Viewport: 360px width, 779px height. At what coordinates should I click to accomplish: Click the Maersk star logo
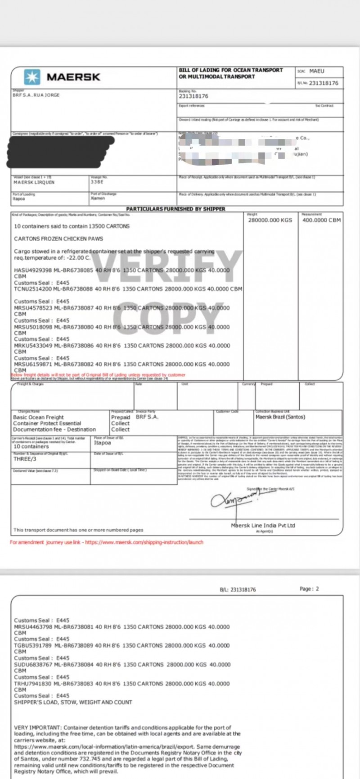coord(31,77)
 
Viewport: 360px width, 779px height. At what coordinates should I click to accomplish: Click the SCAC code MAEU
coord(317,71)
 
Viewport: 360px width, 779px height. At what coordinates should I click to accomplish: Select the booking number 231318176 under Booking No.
coord(193,96)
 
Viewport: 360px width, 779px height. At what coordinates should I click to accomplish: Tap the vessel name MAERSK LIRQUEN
coord(34,182)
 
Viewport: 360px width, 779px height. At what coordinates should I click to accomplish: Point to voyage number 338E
coord(97,182)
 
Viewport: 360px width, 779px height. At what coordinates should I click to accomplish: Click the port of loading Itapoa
coord(18,198)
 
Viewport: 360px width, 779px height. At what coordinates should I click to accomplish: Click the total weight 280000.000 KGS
coord(270,220)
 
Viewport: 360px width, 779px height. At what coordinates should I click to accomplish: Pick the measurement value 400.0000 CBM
coord(321,220)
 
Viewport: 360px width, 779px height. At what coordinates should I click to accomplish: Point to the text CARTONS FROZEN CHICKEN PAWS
coord(58,239)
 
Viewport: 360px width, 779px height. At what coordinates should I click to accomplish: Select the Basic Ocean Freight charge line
coord(38,417)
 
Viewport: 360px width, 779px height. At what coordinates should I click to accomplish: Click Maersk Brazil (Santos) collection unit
coord(280,417)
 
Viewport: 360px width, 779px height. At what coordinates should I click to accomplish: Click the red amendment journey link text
coord(106,542)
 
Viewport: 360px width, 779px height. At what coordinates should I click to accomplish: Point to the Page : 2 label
coord(309,589)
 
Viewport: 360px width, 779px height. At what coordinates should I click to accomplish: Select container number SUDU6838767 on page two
coord(33,664)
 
